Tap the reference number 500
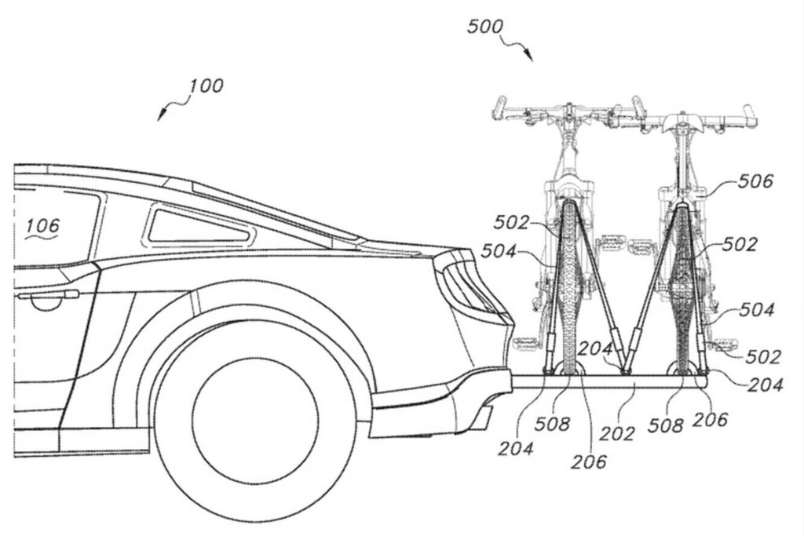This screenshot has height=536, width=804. [x=486, y=25]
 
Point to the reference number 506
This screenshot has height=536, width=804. [x=755, y=182]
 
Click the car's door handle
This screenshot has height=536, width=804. [x=47, y=296]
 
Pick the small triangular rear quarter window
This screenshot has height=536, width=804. [x=196, y=226]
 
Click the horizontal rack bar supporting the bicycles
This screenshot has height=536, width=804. [x=612, y=381]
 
